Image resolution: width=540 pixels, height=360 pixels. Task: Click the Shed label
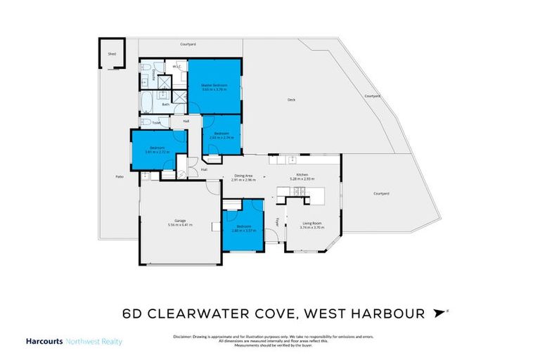111,53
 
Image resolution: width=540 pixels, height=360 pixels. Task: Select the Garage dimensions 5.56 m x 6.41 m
179,225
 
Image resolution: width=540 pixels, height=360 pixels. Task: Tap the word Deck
291,100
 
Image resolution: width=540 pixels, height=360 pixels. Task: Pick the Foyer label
278,222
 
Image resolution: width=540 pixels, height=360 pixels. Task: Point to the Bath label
166,105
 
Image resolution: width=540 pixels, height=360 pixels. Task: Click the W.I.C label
176,66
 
